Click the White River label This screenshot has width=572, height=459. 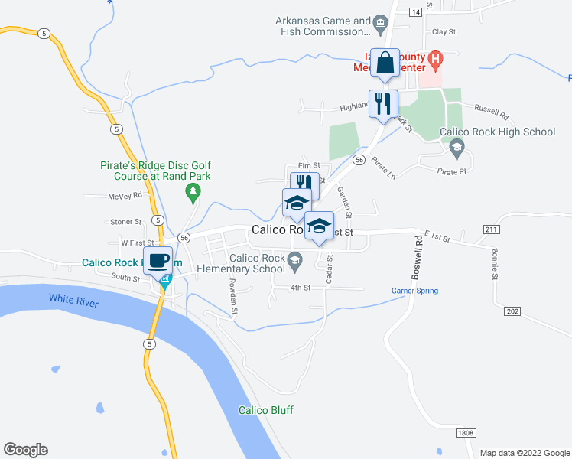click(74, 298)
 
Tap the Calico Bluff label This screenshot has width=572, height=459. click(265, 410)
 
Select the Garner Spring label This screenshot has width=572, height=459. click(414, 291)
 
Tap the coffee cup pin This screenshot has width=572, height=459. click(158, 261)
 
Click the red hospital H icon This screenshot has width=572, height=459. click(435, 58)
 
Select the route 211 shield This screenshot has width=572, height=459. click(492, 229)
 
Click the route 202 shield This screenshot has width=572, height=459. click(512, 311)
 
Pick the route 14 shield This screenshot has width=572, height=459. click(415, 12)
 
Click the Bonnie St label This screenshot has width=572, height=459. click(496, 261)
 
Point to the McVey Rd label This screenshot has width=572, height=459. click(125, 196)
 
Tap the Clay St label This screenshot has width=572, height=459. click(444, 32)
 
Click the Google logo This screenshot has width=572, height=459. click(25, 450)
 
